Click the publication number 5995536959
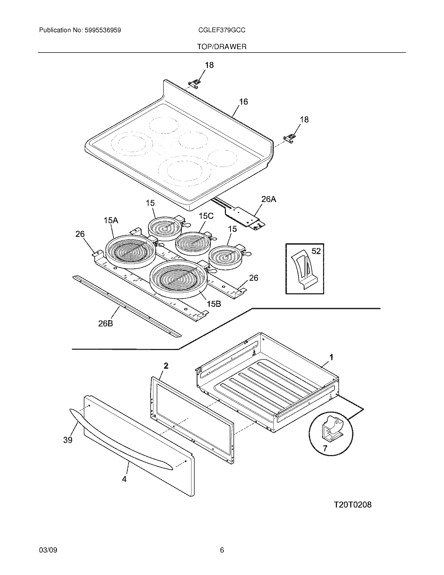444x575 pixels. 103,30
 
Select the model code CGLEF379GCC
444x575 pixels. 222,30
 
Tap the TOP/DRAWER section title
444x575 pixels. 222,47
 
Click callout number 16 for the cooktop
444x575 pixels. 244,102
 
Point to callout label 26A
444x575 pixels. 268,199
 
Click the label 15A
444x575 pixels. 111,220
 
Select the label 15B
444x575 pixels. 214,304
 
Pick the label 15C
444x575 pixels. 206,216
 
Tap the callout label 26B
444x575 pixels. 106,324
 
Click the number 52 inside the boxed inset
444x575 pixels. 316,251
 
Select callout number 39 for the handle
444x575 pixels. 68,440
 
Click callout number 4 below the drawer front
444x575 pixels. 124,479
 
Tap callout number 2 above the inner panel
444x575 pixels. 166,366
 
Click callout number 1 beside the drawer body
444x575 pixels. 331,357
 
